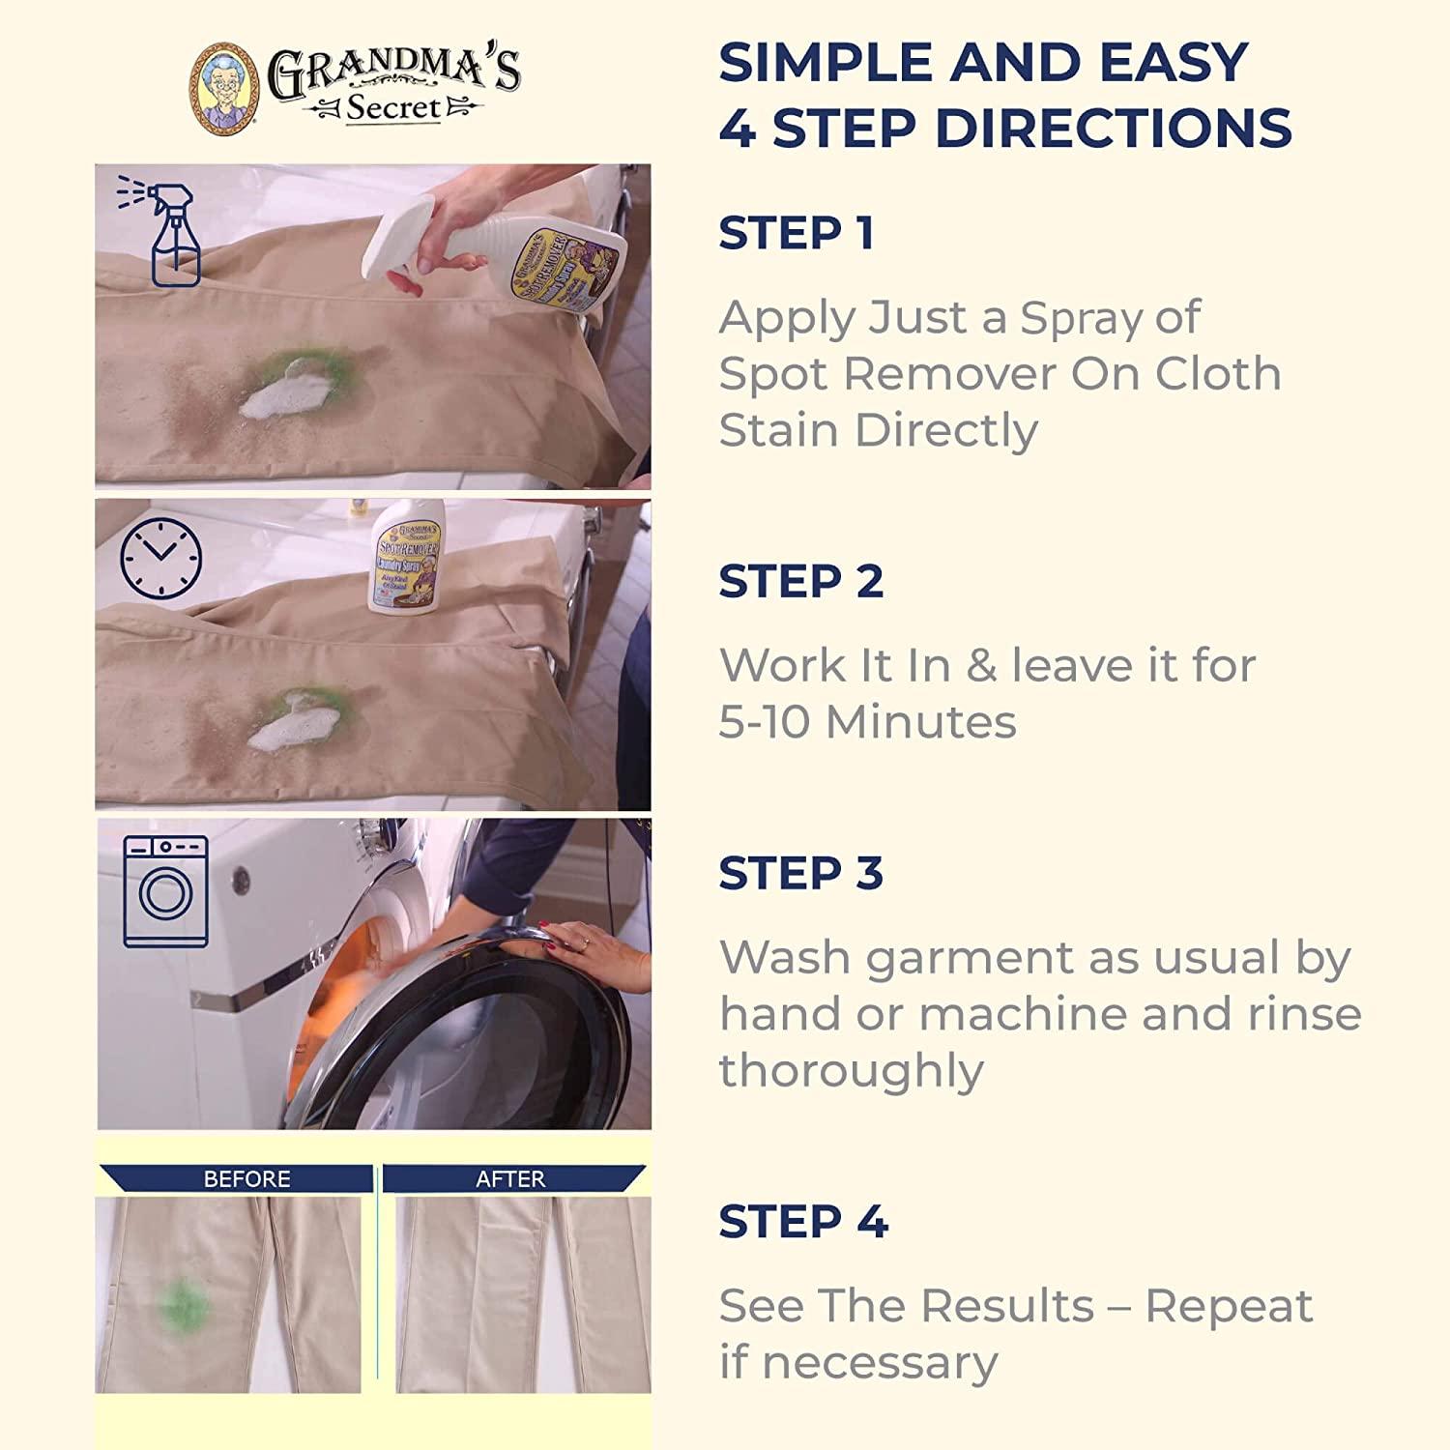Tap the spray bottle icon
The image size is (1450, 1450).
[x=166, y=232]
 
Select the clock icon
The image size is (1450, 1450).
[x=160, y=559]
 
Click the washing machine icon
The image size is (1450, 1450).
[x=165, y=891]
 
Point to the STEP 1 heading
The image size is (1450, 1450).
[x=797, y=233]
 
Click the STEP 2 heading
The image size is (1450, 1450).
[x=800, y=581]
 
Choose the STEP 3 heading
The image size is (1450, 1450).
[x=800, y=873]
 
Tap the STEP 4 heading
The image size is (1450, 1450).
[x=802, y=1221]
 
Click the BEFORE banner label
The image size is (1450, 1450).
[x=246, y=1178]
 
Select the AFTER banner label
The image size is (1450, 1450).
[x=510, y=1178]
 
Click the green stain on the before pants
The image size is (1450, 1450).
[x=182, y=1305]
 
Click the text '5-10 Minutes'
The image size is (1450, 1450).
[x=867, y=721]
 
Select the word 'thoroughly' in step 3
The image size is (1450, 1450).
[x=851, y=1070]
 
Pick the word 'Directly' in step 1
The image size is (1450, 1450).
[x=946, y=429]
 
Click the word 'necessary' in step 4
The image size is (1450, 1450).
[x=880, y=1362]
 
